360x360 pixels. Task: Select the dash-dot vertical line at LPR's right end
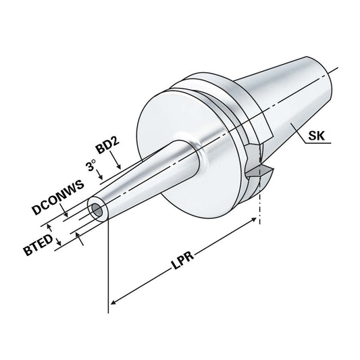click(x=259, y=209)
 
